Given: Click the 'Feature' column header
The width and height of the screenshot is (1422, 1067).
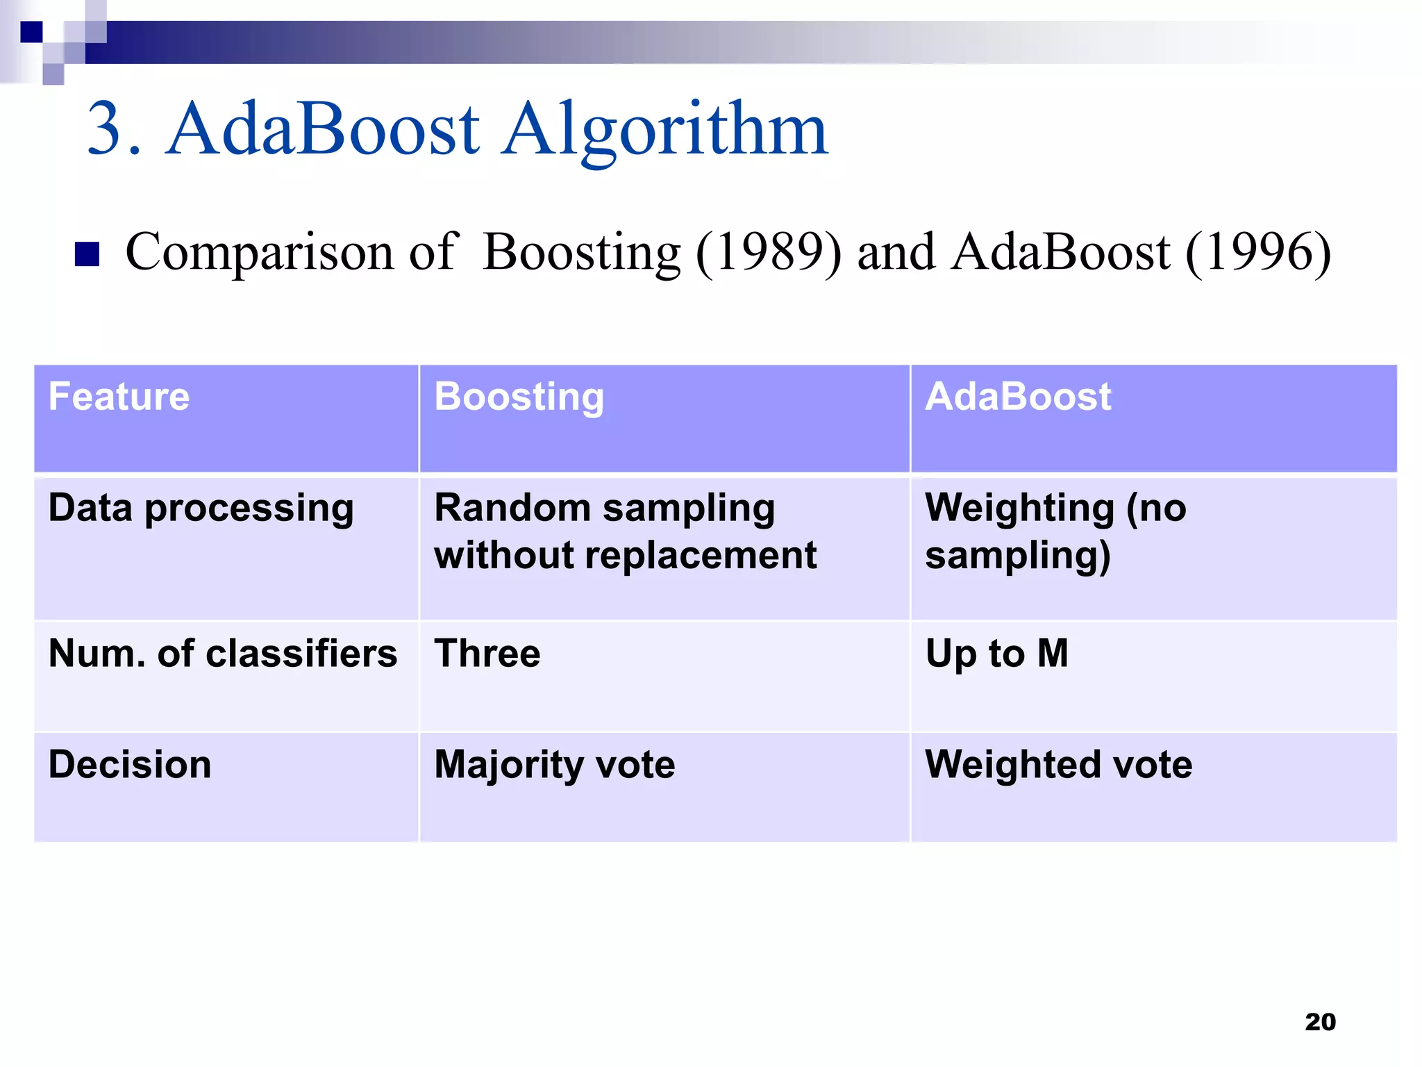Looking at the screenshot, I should coord(119,397).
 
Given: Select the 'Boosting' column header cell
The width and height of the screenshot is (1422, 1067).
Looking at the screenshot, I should coord(519,397).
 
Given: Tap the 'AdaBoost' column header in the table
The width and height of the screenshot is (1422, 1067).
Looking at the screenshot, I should coord(1018,397).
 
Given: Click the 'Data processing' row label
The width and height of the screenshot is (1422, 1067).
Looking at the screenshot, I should coord(201,508).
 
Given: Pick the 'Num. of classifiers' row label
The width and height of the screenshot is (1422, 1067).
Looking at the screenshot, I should coord(222,654).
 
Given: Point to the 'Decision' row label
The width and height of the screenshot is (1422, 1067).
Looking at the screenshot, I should coord(130,765).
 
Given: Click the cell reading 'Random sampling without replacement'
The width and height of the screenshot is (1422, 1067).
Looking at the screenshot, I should coord(625,531).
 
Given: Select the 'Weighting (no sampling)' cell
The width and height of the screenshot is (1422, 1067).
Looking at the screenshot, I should coord(1055,531).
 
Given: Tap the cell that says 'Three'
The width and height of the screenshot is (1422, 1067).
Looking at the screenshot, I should coord(487,654).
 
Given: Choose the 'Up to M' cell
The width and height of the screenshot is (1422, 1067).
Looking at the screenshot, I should coord(996,654).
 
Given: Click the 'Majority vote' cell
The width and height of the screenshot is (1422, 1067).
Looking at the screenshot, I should coord(554,765).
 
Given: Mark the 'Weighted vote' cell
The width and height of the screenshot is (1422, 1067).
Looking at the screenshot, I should coord(1058,765).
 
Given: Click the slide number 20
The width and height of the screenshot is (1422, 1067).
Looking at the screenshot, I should coord(1320,1022).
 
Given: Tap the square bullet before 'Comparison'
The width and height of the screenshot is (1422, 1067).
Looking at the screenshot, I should coord(87,254).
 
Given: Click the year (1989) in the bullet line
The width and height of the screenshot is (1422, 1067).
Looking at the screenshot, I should coord(768,253).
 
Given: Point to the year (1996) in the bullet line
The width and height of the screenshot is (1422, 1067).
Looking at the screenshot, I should coord(1258,253).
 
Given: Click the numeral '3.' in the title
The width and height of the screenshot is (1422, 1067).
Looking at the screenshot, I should coord(114,130).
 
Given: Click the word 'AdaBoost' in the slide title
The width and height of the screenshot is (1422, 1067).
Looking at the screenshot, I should coord(323,130).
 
